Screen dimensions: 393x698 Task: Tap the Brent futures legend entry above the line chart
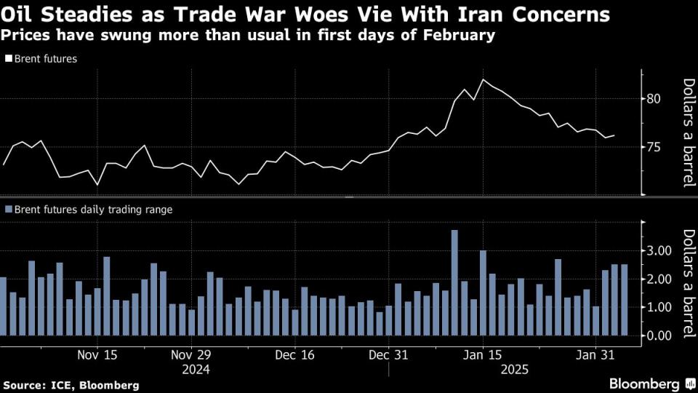[43, 59]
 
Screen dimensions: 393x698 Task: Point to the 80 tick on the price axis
[654, 98]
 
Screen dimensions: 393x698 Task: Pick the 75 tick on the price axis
[654, 147]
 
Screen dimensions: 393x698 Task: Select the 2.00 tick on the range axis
[660, 279]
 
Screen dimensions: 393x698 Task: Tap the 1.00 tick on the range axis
[660, 307]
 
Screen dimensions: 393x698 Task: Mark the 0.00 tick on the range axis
[660, 336]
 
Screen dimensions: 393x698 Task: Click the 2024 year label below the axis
[196, 370]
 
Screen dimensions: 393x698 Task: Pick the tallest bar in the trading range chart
[454, 282]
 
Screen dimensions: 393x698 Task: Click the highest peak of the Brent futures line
[484, 79]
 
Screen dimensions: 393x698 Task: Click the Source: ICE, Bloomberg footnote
[71, 384]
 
